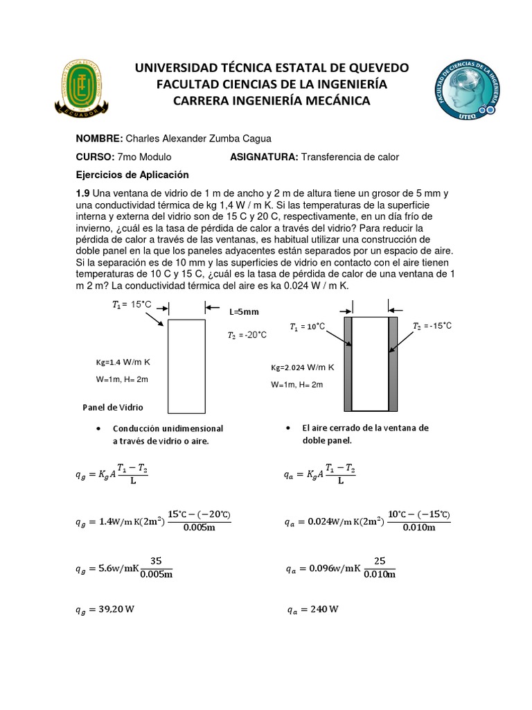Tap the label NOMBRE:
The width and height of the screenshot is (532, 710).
[x=99, y=137]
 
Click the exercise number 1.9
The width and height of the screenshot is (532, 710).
[x=82, y=193]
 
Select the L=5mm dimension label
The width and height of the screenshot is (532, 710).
[x=243, y=312]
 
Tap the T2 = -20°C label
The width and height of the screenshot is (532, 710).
[x=247, y=335]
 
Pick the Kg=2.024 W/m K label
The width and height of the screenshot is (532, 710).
[x=302, y=367]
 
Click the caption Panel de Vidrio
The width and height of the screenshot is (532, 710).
[x=112, y=407]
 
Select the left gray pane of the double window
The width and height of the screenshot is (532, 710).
[x=348, y=364]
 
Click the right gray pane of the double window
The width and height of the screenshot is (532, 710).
[x=393, y=364]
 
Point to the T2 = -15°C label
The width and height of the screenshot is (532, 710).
[x=432, y=326]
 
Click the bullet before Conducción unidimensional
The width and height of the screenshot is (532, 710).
[x=102, y=428]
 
